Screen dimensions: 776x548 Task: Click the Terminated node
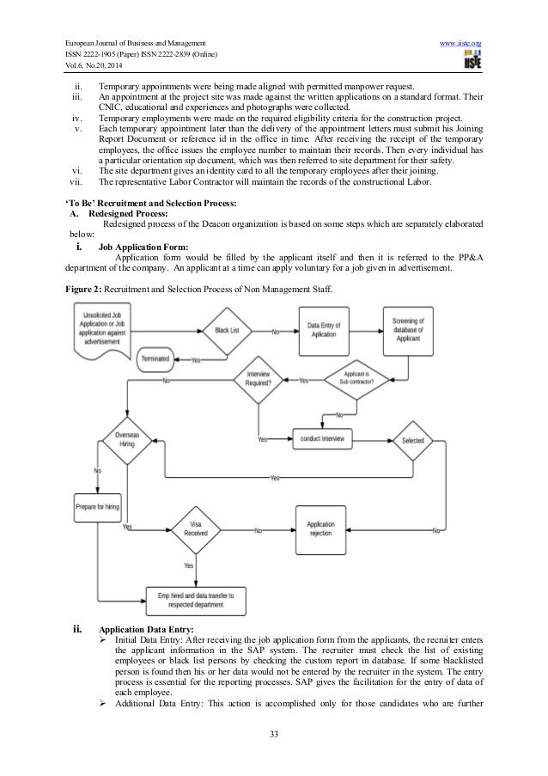(x=155, y=357)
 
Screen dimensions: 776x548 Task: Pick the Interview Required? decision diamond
(x=259, y=381)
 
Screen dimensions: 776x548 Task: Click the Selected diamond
(x=413, y=439)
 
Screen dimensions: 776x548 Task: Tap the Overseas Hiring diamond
(x=126, y=440)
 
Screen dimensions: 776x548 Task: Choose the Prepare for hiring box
(x=97, y=506)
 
